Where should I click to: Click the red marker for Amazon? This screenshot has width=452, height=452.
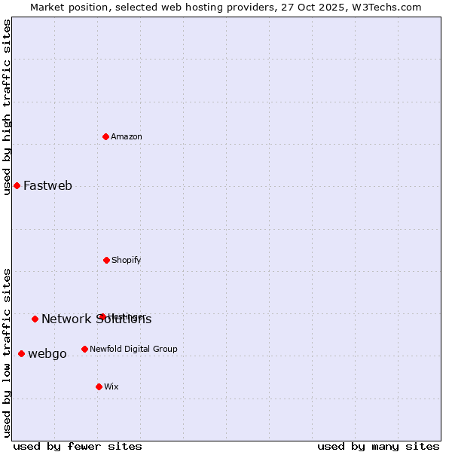106,136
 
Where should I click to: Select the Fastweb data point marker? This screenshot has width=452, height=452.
17,185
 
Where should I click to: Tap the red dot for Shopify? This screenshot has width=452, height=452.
106,260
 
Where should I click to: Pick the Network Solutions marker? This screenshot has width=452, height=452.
35,319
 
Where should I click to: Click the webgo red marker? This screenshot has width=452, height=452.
21,353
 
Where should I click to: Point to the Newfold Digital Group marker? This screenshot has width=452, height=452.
84,349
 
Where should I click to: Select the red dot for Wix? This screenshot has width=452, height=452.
99,386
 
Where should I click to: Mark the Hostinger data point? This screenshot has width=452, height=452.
102,316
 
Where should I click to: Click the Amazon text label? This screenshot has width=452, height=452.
127,137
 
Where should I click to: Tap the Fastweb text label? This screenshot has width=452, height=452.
47,186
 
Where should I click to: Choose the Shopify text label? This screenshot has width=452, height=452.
126,261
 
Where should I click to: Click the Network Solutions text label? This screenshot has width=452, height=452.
96,319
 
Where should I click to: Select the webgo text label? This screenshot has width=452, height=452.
47,354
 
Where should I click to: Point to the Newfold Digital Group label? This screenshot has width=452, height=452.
133,350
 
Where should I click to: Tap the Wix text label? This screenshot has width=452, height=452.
111,387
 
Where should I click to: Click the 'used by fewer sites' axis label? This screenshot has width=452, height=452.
78,446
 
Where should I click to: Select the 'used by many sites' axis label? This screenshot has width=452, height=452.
378,446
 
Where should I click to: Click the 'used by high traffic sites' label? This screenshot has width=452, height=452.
7,107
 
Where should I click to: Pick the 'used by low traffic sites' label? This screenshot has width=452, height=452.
7,353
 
